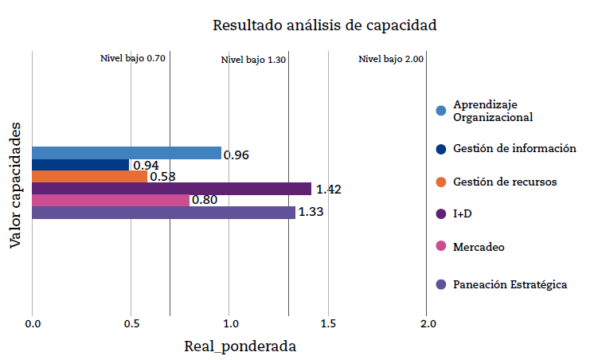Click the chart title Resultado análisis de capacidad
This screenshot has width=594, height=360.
point(324,25)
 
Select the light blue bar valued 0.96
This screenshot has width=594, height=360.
point(127,153)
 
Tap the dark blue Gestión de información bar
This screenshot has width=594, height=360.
point(80,165)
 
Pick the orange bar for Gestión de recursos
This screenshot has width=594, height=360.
point(89,177)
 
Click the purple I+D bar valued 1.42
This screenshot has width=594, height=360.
point(171,189)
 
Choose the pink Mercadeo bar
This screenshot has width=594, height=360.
point(111,201)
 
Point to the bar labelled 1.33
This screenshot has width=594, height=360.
point(163,213)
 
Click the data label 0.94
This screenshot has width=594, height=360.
point(146,166)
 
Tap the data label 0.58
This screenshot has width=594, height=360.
point(162,177)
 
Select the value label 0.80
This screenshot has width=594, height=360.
point(205,201)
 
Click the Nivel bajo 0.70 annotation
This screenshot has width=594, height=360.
point(132,59)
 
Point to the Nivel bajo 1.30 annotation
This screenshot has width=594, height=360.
point(253,60)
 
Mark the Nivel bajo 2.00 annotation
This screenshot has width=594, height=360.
point(391,59)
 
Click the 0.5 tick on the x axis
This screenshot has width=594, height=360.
point(131,324)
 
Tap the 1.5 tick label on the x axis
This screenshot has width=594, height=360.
point(328,324)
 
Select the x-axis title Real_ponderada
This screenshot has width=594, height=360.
point(240,346)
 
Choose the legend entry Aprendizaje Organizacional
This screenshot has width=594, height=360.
point(492,111)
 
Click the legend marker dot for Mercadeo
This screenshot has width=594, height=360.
point(441,248)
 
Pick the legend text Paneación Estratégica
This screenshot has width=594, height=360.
point(510,284)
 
